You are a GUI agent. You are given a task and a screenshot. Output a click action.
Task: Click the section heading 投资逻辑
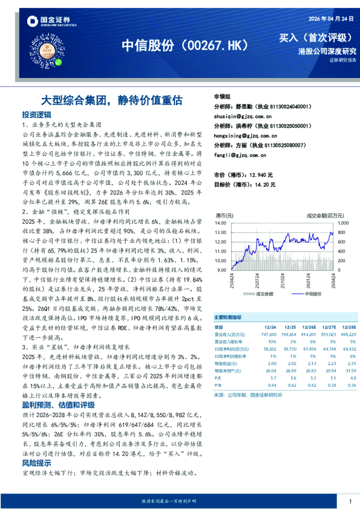click(x=36, y=114)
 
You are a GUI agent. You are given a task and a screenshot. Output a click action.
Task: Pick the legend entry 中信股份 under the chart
click(x=312, y=294)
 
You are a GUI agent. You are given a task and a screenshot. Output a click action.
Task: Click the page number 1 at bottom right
click(x=350, y=501)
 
